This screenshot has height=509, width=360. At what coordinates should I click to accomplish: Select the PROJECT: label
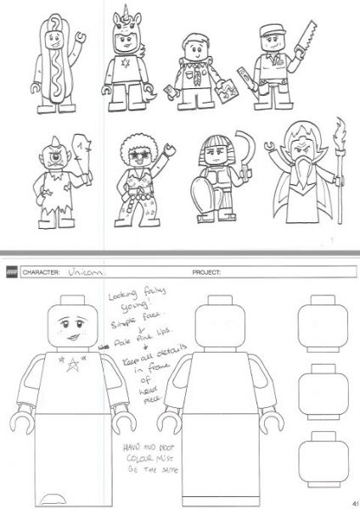pyautogui.click(x=200, y=272)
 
